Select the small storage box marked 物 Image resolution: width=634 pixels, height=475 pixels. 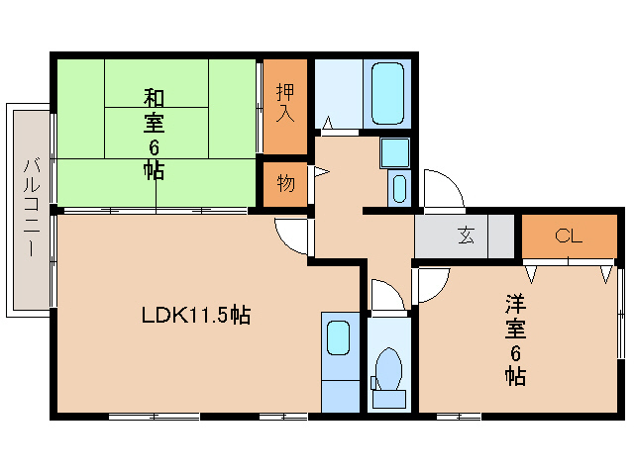(285, 183)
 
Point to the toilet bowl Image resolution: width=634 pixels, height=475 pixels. (387, 368)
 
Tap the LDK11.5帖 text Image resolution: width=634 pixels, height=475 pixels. (194, 316)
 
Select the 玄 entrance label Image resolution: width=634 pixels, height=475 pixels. (465, 236)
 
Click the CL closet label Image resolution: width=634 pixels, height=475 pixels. (568, 236)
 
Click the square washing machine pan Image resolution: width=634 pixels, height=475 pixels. (395, 153)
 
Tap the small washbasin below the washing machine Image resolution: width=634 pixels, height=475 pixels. (397, 188)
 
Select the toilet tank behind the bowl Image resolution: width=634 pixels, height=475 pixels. (387, 399)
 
